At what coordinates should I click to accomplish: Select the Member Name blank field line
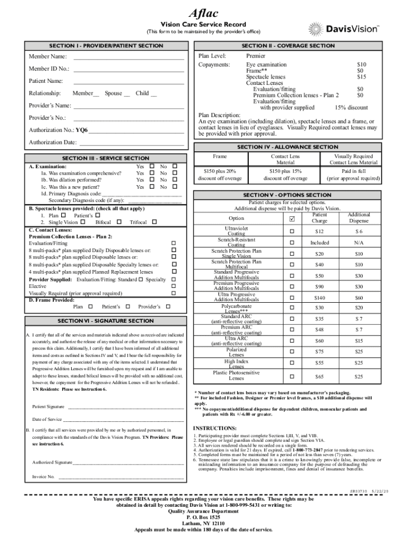pyautogui.click(x=129, y=56)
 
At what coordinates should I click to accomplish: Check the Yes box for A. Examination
pyautogui.click(x=152, y=167)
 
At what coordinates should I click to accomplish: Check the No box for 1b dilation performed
pyautogui.click(x=175, y=180)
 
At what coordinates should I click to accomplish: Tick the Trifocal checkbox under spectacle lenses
pyautogui.click(x=154, y=223)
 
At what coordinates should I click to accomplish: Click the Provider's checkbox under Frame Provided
pyautogui.click(x=168, y=306)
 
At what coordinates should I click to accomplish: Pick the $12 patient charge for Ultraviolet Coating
pyautogui.click(x=320, y=232)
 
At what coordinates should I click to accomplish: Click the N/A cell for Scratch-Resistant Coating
pyautogui.click(x=359, y=243)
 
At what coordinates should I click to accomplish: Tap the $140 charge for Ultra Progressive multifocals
pyautogui.click(x=320, y=298)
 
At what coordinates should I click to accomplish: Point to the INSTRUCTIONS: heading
pyautogui.click(x=215, y=428)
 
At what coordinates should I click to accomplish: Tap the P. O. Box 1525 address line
pyautogui.click(x=203, y=517)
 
